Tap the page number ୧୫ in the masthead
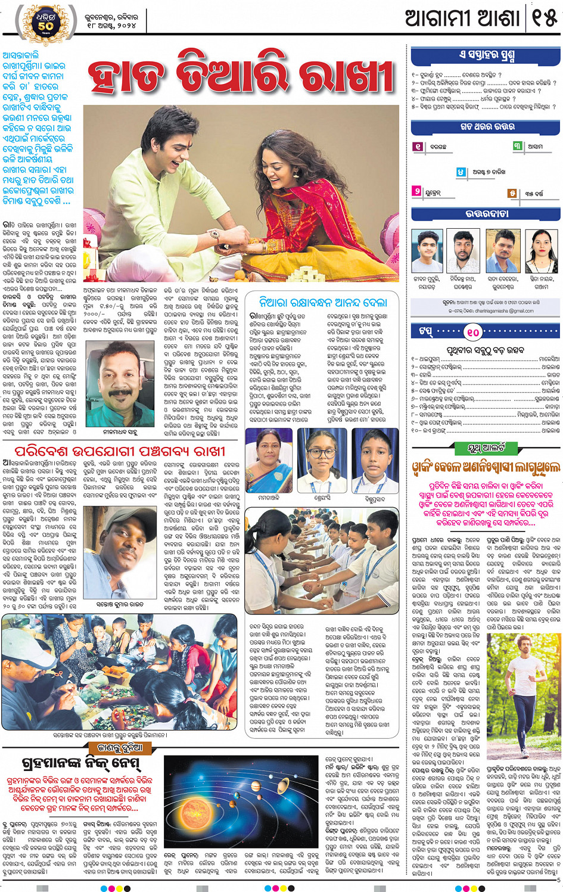click(544, 18)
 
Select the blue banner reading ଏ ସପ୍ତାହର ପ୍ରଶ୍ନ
click(486, 57)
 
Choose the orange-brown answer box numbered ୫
click(512, 193)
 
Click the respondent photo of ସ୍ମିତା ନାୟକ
click(542, 251)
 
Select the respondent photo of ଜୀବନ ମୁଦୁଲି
click(427, 251)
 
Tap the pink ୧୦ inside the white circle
click(472, 331)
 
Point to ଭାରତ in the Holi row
click(552, 375)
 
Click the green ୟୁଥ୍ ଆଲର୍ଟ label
click(486, 447)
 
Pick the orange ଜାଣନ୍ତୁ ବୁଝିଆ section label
click(121, 748)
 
